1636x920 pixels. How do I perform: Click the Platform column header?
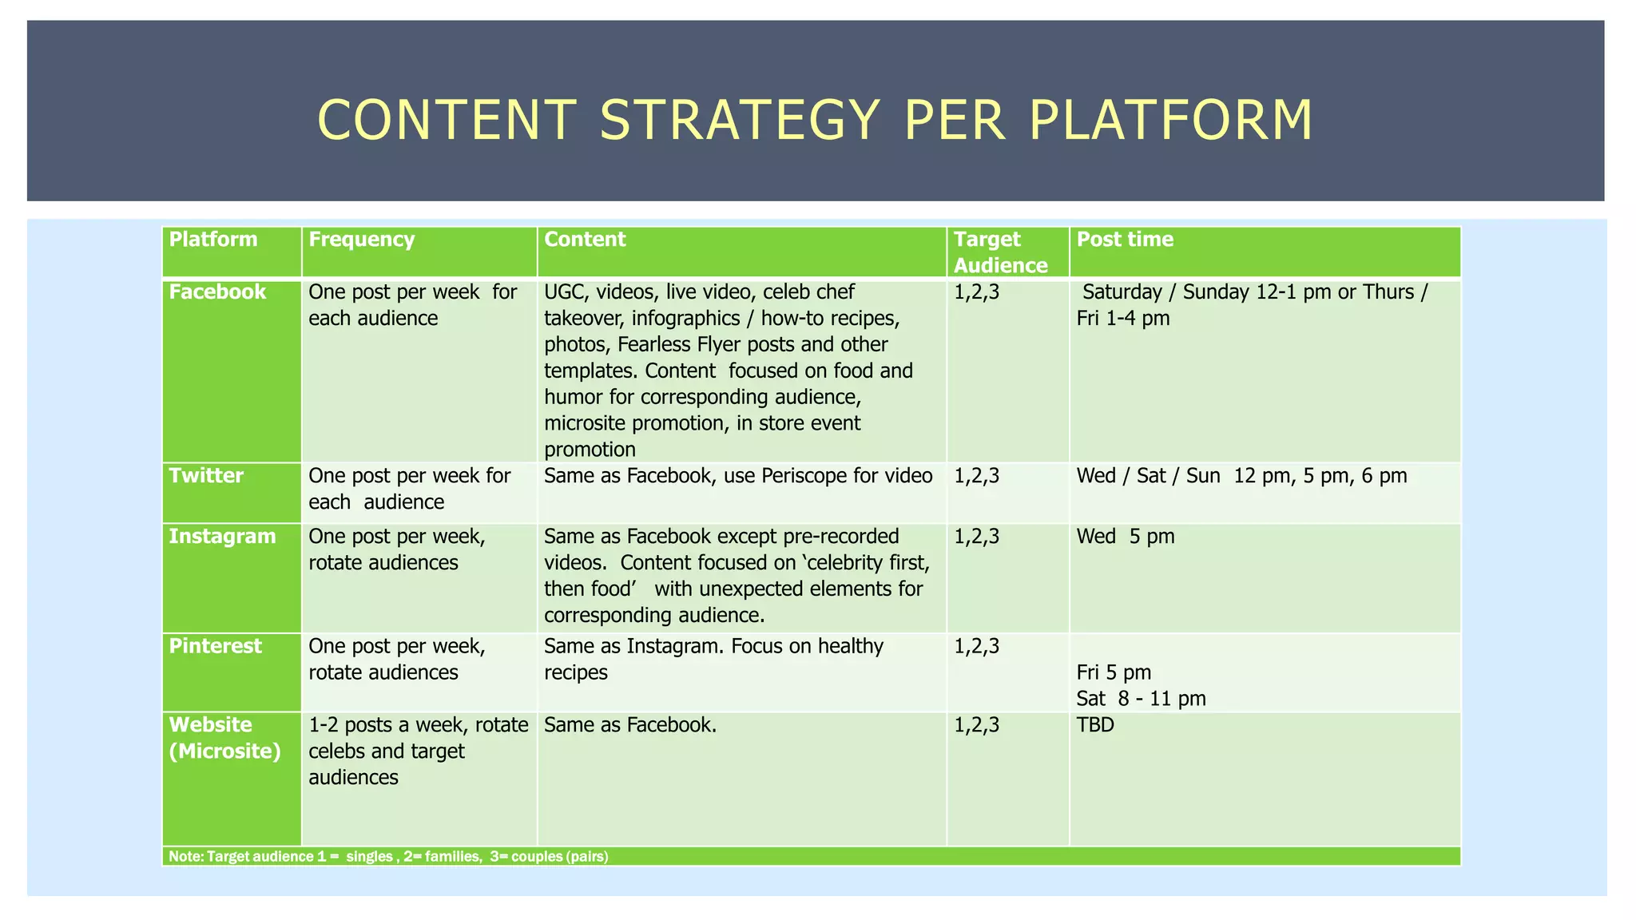point(213,240)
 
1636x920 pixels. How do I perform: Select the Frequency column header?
point(361,240)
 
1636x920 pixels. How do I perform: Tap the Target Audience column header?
point(1000,252)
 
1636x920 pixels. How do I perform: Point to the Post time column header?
point(1125,240)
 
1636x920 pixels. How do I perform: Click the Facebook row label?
point(217,291)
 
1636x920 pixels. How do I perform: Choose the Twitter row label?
point(206,476)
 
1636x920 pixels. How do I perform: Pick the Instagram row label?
point(222,537)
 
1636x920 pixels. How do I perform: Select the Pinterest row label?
point(215,646)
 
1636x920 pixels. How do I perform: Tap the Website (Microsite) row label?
point(224,738)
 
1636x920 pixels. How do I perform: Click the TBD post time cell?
point(1095,725)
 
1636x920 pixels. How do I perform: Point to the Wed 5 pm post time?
point(1126,537)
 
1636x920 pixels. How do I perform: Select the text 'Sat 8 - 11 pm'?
point(1141,699)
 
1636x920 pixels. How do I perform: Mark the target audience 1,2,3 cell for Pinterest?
point(976,646)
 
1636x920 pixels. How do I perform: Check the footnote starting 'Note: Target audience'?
point(388,857)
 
